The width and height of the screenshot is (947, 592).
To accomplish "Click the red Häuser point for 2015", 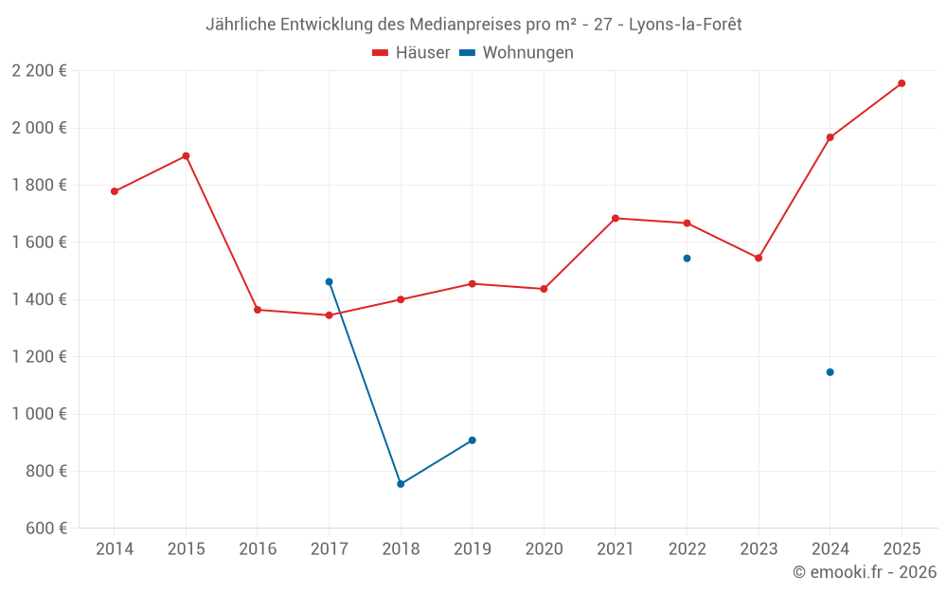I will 186,156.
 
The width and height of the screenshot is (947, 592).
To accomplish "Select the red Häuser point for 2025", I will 902,83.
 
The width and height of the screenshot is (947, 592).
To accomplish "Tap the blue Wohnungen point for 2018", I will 401,484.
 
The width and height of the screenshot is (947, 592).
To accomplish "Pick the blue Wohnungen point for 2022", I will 687,258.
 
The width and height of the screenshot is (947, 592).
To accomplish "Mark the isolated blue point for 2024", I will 830,372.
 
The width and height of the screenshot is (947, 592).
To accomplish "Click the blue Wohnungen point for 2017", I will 329,281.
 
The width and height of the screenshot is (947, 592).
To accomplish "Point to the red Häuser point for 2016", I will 258,310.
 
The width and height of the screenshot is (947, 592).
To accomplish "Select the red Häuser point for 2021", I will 616,218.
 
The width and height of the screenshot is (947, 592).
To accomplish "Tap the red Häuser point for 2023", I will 759,258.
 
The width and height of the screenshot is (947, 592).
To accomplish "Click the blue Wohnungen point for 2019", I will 472,440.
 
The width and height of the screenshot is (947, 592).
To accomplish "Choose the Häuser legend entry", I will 411,53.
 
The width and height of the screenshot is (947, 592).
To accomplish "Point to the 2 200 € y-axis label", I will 39,71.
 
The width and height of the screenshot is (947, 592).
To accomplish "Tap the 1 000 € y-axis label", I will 39,414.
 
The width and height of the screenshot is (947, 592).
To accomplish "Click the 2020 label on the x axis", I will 544,549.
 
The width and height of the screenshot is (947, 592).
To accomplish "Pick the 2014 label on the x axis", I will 115,549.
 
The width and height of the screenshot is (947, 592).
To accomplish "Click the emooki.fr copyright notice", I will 864,572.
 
